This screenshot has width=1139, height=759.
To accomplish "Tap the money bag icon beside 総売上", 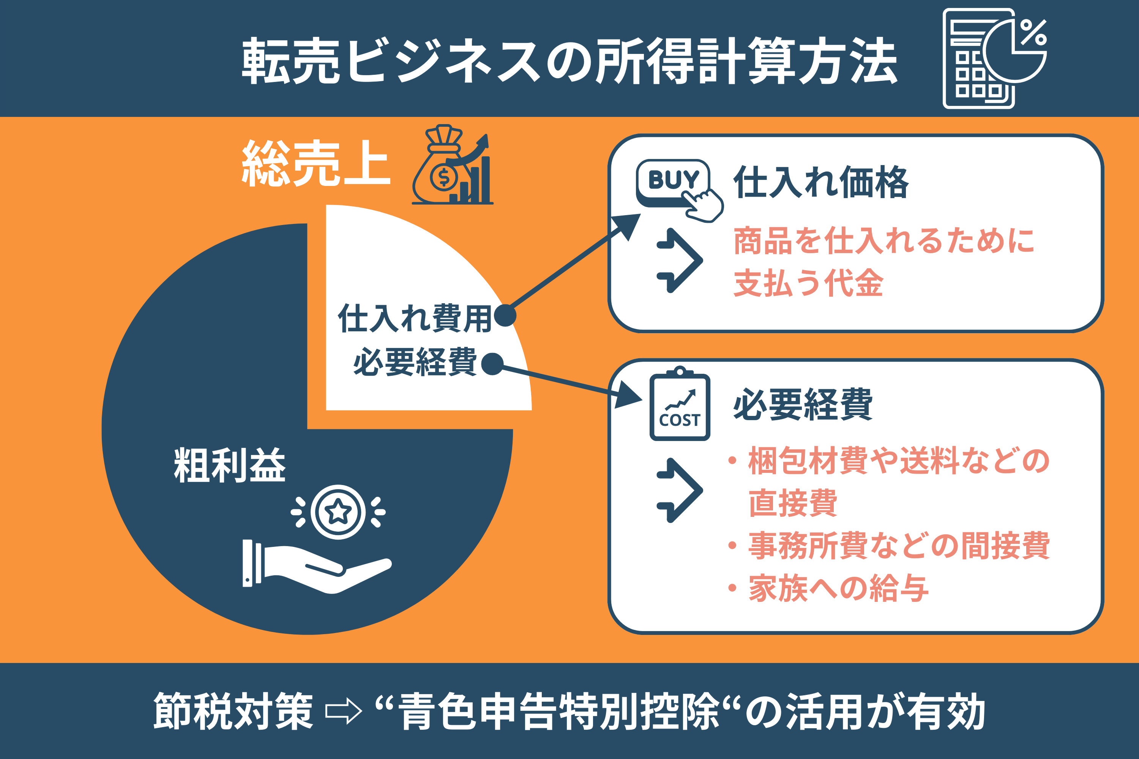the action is click(452, 165).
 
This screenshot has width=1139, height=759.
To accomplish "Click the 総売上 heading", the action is click(316, 163).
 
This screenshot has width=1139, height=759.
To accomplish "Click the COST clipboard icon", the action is click(680, 404).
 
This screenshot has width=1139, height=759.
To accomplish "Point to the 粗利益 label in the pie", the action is click(230, 465).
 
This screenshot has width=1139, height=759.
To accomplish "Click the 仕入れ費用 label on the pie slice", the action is click(415, 318).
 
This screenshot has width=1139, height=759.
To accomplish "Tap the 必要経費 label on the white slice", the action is click(415, 362).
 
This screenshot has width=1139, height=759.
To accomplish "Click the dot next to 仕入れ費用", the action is click(505, 316).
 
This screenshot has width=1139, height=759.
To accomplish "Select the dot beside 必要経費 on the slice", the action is click(492, 364).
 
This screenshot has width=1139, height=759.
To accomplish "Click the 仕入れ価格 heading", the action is click(821, 182).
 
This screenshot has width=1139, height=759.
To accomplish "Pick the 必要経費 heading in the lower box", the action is click(803, 404).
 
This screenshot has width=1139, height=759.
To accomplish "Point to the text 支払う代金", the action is click(809, 283).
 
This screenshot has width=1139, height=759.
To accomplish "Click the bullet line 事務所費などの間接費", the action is click(889, 546).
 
